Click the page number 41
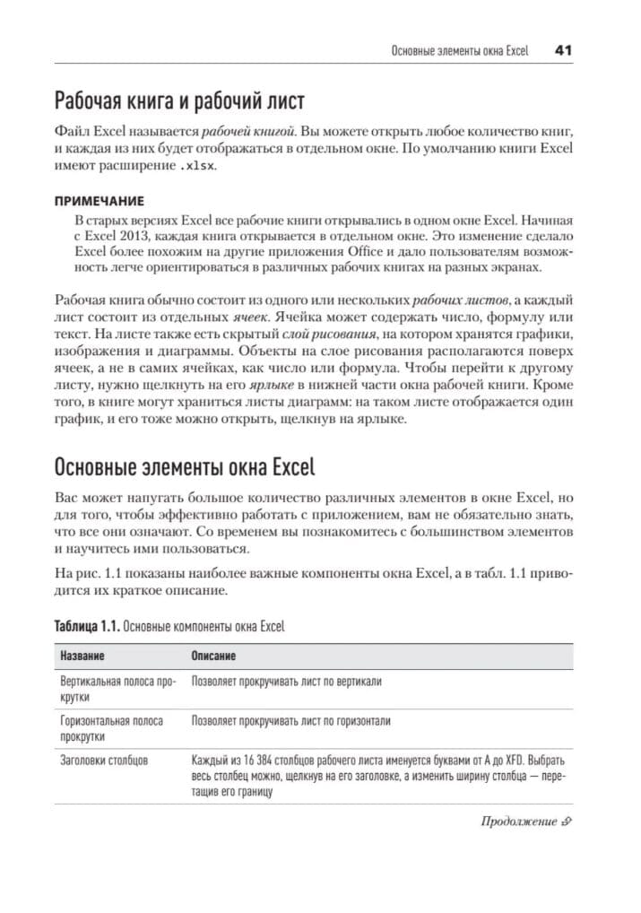tap(563, 51)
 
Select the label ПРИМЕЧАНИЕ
tap(100, 203)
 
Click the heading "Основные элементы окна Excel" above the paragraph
tap(185, 467)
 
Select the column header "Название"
tap(82, 656)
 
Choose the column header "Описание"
tap(213, 656)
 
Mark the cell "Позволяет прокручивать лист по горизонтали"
tap(291, 721)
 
